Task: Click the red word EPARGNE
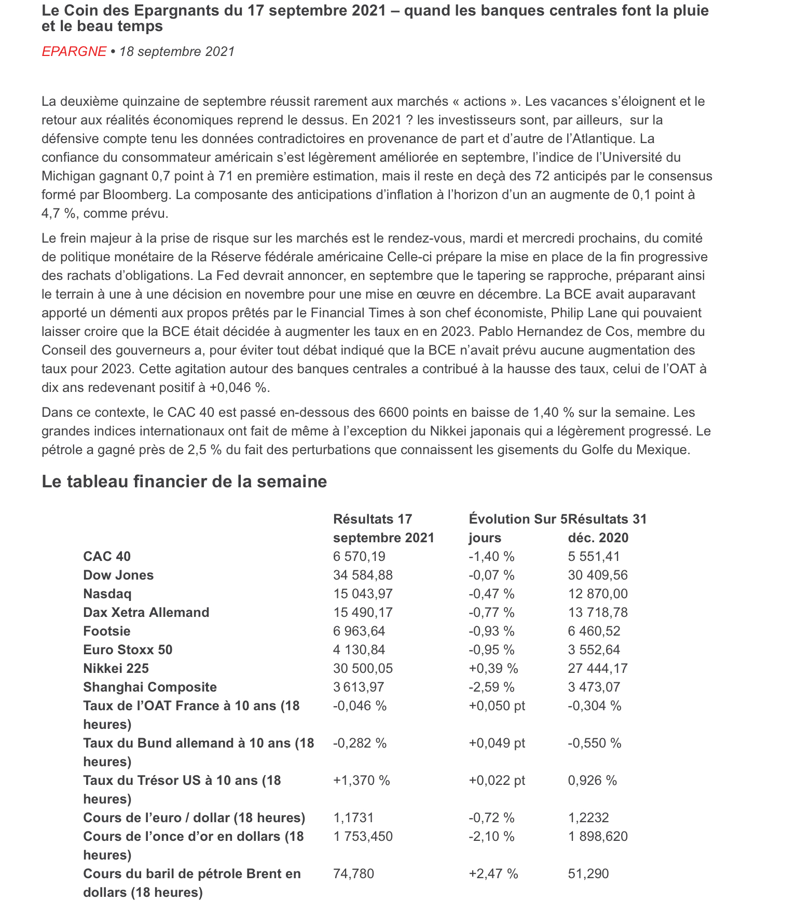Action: click(x=74, y=52)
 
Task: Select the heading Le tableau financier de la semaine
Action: click(x=184, y=482)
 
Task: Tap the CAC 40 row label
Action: click(x=107, y=557)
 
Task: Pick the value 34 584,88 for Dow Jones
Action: click(x=363, y=575)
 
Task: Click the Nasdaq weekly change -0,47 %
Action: click(x=491, y=594)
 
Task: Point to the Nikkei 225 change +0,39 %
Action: click(x=493, y=669)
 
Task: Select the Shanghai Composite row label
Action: click(x=150, y=687)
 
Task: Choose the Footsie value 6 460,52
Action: click(x=594, y=631)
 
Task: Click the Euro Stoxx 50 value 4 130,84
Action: click(x=359, y=650)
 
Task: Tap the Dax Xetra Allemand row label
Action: click(x=146, y=613)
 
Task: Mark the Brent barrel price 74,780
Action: click(x=353, y=874)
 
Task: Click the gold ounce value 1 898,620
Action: click(x=598, y=837)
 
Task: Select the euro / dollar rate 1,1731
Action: click(x=353, y=818)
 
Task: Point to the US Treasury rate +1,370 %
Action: click(x=361, y=781)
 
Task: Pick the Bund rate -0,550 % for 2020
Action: click(x=594, y=743)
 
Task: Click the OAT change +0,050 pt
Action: click(x=497, y=706)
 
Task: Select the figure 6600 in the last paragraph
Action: click(x=393, y=413)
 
